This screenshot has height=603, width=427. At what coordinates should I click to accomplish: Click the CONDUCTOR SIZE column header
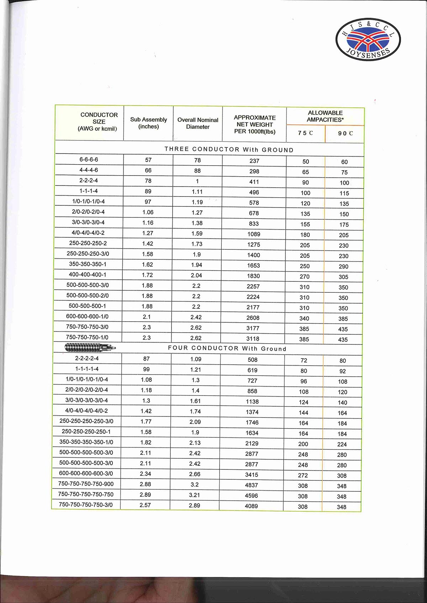tap(99, 122)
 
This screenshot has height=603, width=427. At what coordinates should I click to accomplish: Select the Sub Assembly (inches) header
tap(148, 123)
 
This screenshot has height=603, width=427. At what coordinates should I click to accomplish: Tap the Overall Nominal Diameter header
tap(198, 123)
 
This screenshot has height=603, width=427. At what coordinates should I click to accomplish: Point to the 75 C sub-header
tap(305, 133)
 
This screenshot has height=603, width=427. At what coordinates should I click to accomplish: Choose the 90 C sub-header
tap(345, 134)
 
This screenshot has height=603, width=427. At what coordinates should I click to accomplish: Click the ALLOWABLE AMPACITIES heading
tap(325, 116)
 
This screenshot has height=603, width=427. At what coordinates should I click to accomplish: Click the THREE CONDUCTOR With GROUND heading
tap(229, 150)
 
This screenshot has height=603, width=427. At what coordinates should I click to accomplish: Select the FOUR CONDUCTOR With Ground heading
tap(227, 349)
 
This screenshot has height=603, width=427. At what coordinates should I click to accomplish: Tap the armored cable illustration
tap(90, 347)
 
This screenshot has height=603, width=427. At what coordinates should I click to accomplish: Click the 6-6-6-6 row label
tap(89, 160)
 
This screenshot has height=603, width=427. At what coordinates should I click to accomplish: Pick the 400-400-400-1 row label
tap(88, 275)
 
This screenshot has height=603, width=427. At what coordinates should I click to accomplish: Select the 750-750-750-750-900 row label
tap(86, 484)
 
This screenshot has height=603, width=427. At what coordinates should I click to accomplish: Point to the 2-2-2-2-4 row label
tap(87, 359)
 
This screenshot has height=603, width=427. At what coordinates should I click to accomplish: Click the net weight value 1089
tap(254, 234)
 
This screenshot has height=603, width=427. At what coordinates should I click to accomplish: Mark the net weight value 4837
tap(251, 485)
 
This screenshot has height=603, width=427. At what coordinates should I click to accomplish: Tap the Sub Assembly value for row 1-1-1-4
tap(148, 191)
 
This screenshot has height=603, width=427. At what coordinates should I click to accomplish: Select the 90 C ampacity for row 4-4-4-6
tap(344, 172)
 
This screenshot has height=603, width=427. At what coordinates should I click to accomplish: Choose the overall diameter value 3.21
tap(195, 495)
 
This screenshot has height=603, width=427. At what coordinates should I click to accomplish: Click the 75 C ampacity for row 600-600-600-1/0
tap(304, 318)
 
